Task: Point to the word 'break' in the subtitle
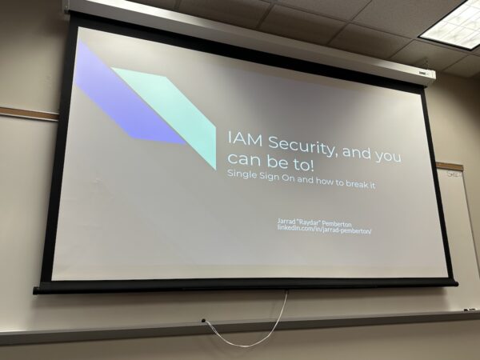[x=354, y=183]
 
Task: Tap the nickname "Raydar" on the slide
[x=304, y=222]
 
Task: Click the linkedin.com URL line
[x=324, y=230]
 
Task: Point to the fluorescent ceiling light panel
[x=452, y=23]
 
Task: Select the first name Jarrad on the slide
[x=286, y=221]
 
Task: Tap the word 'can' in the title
[x=244, y=158]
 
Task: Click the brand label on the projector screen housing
[x=423, y=73]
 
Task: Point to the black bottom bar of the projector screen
[x=245, y=287]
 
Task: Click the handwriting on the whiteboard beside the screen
[x=454, y=174]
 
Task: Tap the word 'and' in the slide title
[x=356, y=152]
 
